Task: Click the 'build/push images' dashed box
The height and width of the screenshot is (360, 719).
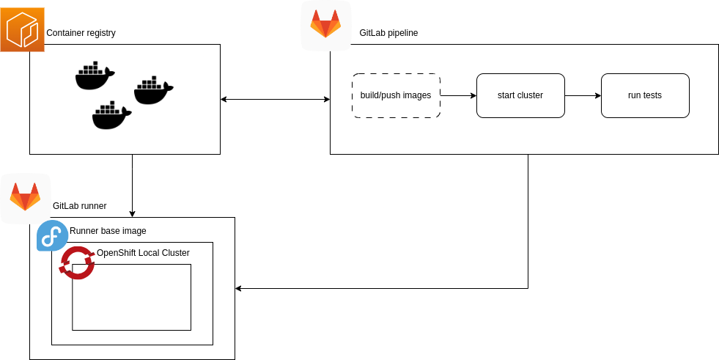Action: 396,95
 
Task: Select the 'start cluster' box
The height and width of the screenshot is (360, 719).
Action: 520,95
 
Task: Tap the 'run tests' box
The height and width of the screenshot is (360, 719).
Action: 645,95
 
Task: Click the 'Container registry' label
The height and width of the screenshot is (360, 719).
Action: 81,33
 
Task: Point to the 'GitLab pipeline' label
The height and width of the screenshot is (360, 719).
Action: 388,33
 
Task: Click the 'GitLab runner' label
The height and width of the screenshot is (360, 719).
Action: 79,206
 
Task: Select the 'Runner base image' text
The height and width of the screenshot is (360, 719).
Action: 108,231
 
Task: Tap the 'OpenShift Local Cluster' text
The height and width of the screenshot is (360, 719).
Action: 143,253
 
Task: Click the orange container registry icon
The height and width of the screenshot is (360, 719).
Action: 22,29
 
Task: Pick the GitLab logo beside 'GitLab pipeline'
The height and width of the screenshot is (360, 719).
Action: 325,25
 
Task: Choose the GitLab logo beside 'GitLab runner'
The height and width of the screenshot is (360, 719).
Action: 25,198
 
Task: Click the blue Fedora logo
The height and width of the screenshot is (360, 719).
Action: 52,235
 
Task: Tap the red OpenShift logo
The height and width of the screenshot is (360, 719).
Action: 78,262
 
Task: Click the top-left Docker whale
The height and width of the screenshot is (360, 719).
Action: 95,76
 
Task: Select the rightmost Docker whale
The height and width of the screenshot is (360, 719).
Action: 153,90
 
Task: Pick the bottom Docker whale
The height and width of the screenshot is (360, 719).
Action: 111,115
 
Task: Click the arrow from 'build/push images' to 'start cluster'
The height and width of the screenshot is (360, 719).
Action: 458,95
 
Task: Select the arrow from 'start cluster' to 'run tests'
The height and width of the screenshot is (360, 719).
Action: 583,95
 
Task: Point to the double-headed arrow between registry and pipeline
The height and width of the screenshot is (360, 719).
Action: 275,99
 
